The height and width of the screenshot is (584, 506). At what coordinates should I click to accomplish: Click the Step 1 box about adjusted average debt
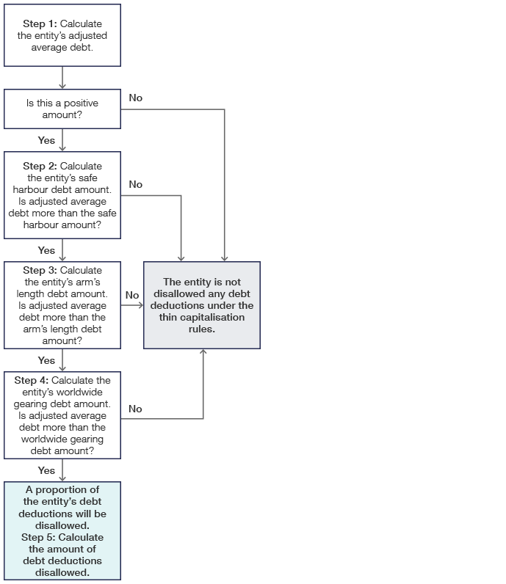click(62, 35)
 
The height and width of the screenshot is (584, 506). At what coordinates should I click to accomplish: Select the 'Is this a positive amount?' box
click(62, 109)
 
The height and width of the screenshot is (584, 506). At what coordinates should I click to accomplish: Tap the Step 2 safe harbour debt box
click(62, 195)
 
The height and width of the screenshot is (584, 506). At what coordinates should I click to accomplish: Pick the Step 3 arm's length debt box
click(62, 305)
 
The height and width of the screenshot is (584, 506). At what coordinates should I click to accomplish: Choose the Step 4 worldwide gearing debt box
click(62, 415)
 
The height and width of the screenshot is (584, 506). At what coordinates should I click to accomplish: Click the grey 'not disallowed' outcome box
click(202, 305)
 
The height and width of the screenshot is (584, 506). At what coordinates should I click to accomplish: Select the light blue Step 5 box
click(62, 531)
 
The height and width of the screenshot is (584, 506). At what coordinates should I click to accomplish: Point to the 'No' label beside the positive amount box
click(136, 98)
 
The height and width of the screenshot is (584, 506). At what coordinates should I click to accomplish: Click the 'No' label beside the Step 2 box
click(136, 184)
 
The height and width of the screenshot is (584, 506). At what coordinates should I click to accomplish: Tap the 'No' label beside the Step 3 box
click(132, 295)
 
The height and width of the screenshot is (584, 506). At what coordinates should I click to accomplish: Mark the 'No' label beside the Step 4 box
click(136, 409)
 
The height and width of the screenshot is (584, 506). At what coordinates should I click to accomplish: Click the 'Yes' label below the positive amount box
click(46, 140)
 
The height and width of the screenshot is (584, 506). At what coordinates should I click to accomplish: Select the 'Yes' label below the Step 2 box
click(46, 250)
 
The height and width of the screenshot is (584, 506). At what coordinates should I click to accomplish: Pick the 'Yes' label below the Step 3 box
click(46, 360)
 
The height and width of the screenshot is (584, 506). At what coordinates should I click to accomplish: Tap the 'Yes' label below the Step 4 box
click(46, 470)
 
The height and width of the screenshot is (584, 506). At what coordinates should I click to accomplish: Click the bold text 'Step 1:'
click(40, 24)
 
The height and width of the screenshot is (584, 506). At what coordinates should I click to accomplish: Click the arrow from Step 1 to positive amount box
click(62, 79)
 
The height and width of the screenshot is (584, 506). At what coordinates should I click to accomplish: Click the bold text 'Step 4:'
click(32, 380)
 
